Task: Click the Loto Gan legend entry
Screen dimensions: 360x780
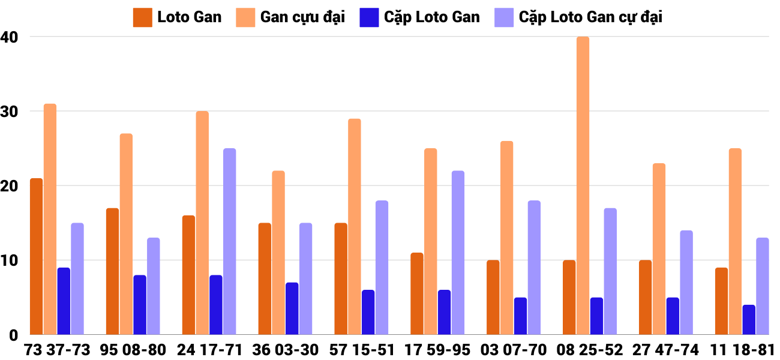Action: tap(178, 17)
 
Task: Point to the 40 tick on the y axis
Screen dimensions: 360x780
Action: tap(10, 37)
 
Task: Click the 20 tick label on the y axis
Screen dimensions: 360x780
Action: tap(10, 186)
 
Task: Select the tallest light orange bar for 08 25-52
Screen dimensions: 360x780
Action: tap(583, 186)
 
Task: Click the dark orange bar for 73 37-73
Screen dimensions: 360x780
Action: tap(36, 257)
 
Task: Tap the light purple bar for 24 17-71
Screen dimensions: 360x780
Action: tap(229, 242)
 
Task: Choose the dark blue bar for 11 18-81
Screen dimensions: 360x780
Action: tap(749, 320)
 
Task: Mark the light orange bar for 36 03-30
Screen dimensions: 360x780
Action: tap(278, 253)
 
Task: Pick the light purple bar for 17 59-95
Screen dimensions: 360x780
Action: tap(458, 253)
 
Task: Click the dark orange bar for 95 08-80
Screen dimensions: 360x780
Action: tap(112, 271)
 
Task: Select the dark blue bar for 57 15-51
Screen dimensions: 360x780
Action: tap(368, 312)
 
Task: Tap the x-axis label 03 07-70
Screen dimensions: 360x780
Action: tap(514, 350)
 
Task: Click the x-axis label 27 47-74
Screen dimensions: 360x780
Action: tap(665, 350)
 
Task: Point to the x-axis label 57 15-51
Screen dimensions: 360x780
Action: tap(361, 350)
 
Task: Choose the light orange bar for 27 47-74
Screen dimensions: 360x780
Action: tap(659, 249)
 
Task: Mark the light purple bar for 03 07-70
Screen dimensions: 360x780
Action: tap(534, 268)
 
